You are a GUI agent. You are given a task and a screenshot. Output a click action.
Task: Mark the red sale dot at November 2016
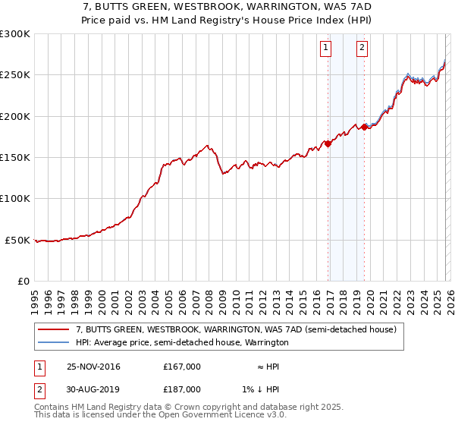coord(328,143)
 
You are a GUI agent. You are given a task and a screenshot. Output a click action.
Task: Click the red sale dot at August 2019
coord(365,127)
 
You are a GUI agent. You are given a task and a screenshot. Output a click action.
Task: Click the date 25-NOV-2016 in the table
coord(93,367)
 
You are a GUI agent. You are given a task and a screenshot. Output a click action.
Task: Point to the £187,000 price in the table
coord(182,389)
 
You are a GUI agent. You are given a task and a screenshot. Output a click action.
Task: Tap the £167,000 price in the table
coord(182,367)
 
